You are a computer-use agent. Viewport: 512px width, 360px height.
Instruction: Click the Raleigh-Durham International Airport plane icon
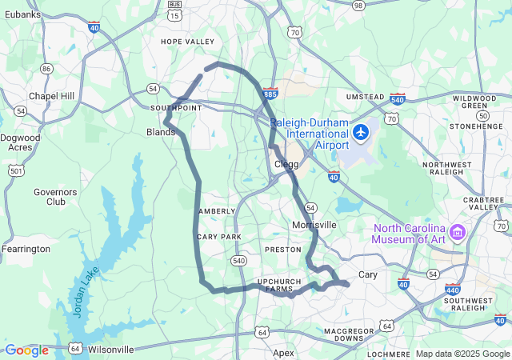coord(362,131)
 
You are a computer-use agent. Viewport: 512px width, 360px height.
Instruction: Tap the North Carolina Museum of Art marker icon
coord(458,233)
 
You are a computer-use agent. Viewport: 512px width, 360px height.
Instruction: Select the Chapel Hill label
coord(51,96)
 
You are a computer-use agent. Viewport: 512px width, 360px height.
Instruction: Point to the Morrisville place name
coord(314,225)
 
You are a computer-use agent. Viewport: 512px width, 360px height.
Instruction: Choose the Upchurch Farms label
coord(280,285)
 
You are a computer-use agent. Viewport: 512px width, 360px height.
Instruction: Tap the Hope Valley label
coord(188,42)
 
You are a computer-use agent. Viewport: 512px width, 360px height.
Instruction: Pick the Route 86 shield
coord(46,69)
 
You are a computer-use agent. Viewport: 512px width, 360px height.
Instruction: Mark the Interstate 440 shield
coord(453,290)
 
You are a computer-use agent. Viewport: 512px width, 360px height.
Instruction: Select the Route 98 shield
coord(358,5)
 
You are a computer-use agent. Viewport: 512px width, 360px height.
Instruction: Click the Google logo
coord(26,350)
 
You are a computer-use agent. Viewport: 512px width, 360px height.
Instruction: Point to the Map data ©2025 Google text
coord(462,354)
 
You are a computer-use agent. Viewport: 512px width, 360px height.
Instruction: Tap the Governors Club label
coord(55,197)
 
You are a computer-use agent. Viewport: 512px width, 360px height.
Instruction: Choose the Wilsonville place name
coord(111,350)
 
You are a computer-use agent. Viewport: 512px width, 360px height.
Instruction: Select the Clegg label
coord(286,164)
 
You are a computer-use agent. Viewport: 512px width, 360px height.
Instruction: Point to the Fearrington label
coord(26,249)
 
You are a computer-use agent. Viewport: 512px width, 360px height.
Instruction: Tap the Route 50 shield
coord(482,115)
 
